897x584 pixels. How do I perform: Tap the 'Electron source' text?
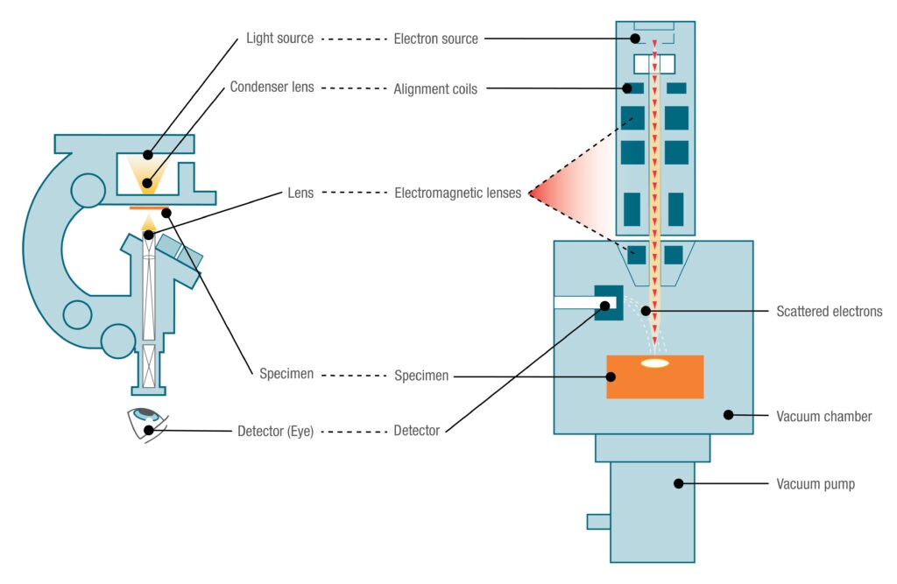(435, 39)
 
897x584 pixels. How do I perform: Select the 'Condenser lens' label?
(272, 88)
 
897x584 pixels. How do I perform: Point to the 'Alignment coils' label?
(435, 88)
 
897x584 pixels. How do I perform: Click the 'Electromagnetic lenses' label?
(457, 193)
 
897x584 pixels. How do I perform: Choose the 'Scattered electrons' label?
(829, 311)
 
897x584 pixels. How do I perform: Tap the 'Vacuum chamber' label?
(823, 416)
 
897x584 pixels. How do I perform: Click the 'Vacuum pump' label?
(816, 483)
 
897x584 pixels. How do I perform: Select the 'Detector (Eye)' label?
(275, 431)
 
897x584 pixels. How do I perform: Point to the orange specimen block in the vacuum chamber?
(654, 377)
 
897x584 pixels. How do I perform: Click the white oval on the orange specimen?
(654, 362)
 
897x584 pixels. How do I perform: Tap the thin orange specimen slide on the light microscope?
(147, 208)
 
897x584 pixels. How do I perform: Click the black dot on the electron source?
(636, 39)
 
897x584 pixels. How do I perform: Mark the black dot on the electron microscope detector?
(605, 305)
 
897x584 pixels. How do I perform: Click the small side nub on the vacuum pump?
(598, 522)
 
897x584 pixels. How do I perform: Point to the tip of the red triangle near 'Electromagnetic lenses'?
(529, 193)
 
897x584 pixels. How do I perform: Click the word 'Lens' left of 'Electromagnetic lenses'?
(300, 193)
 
